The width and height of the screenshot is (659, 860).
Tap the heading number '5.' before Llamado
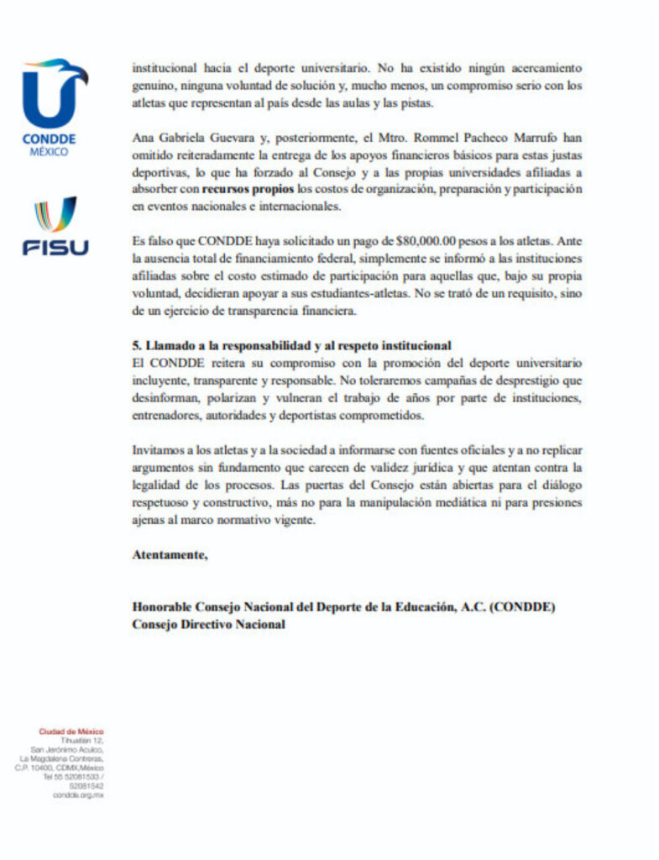(138, 345)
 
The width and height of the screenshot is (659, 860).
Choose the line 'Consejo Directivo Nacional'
(208, 624)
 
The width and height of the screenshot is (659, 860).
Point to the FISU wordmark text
(55, 248)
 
